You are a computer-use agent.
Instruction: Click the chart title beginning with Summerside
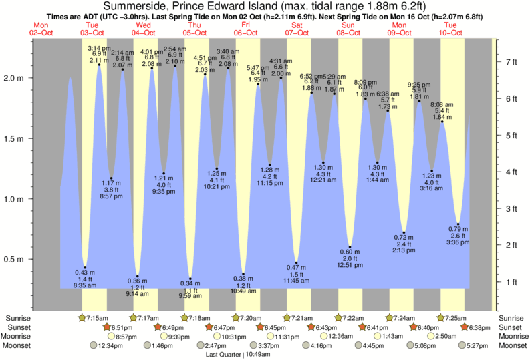click(265, 6)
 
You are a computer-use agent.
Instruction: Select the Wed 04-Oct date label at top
click(142, 28)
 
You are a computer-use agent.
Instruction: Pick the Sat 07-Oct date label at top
click(296, 28)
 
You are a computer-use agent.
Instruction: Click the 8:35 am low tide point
click(85, 268)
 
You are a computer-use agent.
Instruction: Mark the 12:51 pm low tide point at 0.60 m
click(350, 247)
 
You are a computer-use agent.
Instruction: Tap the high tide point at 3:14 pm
click(100, 65)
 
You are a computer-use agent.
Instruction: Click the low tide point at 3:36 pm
click(458, 224)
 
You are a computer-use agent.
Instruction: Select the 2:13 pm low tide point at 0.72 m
click(404, 233)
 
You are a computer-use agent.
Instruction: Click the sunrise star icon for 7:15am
click(82, 317)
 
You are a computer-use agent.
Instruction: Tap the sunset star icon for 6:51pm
click(106, 327)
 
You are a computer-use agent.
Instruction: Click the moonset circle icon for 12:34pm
click(93, 345)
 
